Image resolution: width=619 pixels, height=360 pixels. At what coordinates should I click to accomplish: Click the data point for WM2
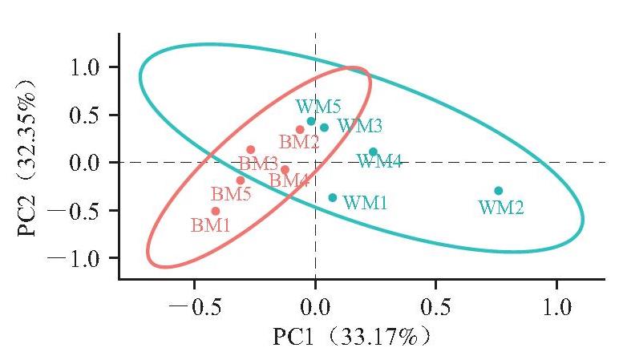(499, 191)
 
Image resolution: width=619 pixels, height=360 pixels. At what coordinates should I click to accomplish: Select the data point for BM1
(216, 211)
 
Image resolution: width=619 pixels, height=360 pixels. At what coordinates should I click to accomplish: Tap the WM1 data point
(333, 197)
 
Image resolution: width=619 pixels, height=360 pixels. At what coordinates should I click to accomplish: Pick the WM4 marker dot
(373, 152)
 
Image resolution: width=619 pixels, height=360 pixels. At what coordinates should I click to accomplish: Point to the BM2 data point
(300, 129)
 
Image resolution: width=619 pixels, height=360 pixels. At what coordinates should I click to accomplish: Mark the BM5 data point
(241, 180)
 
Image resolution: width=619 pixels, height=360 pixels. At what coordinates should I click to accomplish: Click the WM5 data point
(311, 121)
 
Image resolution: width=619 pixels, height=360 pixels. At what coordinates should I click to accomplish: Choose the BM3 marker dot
(251, 150)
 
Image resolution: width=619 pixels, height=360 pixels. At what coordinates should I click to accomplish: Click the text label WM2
(501, 207)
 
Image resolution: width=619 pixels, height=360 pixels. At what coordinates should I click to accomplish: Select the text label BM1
(210, 225)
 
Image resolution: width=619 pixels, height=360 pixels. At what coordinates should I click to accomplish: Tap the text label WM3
(360, 126)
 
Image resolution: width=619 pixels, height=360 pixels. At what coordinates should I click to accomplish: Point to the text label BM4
(289, 180)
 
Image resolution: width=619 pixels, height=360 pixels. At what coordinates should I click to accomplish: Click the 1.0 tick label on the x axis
(557, 307)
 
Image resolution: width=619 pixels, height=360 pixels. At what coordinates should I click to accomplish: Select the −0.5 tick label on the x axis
(194, 307)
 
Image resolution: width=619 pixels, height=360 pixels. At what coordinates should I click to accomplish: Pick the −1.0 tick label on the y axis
(74, 258)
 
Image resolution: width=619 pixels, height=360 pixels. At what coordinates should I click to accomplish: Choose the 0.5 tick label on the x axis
(435, 307)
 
